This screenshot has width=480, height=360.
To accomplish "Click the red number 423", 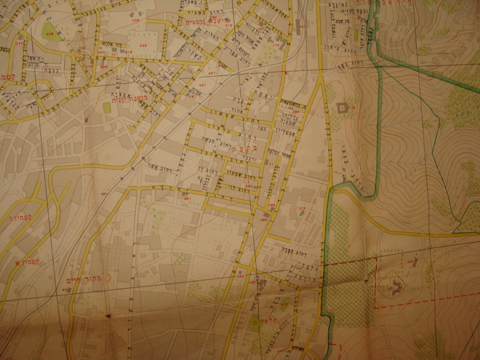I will (143, 45).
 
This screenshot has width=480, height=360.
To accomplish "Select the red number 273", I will (302, 208).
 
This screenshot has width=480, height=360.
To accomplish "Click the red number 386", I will (264, 220).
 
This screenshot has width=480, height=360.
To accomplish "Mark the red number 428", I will (136, 20).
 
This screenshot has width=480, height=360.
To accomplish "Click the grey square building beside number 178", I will (341, 107).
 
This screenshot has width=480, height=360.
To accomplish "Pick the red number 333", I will (19, 43).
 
